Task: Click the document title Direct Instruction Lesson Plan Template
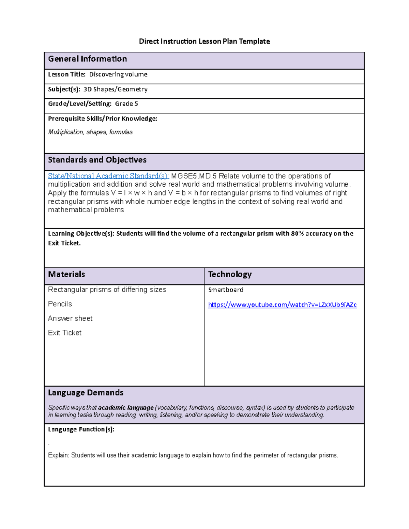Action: coord(204,42)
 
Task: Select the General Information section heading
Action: coord(87,59)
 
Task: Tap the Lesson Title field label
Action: coord(66,75)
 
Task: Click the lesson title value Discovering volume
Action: coord(118,75)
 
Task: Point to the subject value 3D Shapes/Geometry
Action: coord(116,89)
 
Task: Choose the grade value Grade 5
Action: coord(126,104)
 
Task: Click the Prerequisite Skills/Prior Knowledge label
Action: coord(103,119)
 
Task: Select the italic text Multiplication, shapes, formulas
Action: coord(90,132)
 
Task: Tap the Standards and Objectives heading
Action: coord(97,160)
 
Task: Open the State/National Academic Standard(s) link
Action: coord(108,176)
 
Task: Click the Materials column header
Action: coord(66,275)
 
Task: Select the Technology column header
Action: coord(230,275)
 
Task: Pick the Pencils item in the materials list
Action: coord(60,304)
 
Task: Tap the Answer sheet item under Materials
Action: coord(70,318)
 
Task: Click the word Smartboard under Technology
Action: coord(226,290)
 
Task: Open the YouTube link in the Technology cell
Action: coord(282,305)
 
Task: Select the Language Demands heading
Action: coord(86,393)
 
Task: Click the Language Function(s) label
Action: coord(81,430)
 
